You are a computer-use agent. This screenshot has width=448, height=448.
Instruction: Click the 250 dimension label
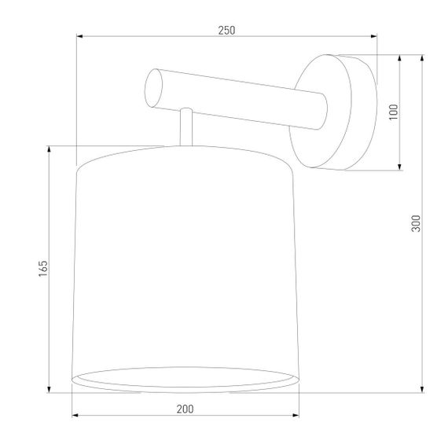[226, 30]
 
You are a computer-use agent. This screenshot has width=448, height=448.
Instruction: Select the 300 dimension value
[417, 223]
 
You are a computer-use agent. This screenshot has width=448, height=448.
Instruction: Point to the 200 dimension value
[185, 409]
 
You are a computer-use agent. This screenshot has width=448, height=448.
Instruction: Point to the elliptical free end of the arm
[154, 88]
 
